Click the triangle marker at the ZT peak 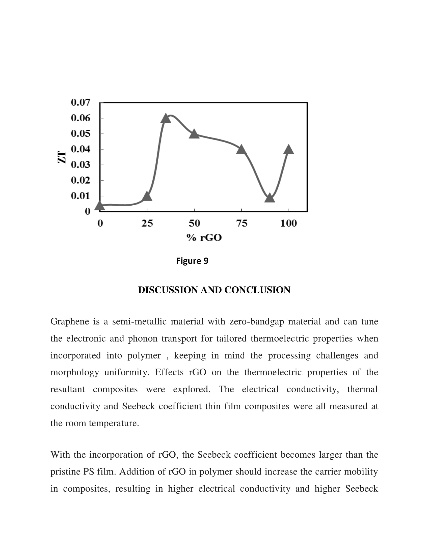[x=166, y=118]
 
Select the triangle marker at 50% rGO [x=194, y=134]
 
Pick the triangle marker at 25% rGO [x=147, y=197]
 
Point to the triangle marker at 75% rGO [x=241, y=150]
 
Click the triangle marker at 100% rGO [x=288, y=150]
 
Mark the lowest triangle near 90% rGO [x=270, y=198]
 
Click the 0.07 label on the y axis [x=81, y=102]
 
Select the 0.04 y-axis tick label [x=81, y=149]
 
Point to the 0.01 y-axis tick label [x=81, y=196]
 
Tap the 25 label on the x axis [x=147, y=223]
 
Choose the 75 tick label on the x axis [x=242, y=223]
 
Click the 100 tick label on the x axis [x=288, y=223]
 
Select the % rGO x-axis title [x=204, y=238]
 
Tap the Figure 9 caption [x=192, y=261]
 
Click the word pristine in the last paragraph [x=65, y=472]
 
